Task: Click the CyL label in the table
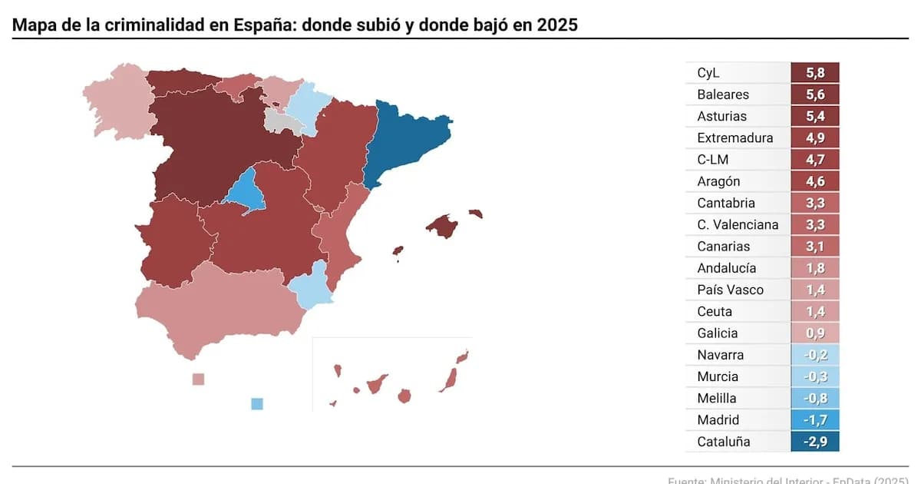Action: click(x=709, y=73)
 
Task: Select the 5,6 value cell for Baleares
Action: click(x=815, y=94)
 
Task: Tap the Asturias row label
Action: click(x=721, y=116)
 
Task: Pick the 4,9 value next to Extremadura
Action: click(x=815, y=138)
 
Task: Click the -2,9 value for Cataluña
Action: click(x=815, y=442)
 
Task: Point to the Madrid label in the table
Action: click(x=718, y=419)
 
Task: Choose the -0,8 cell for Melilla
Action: click(x=815, y=398)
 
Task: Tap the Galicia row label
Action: click(x=717, y=333)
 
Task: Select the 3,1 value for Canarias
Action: click(x=815, y=247)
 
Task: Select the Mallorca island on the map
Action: click(x=442, y=226)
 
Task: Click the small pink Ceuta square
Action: click(x=198, y=379)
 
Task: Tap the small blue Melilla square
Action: click(x=257, y=403)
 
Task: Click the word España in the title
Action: click(x=267, y=25)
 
